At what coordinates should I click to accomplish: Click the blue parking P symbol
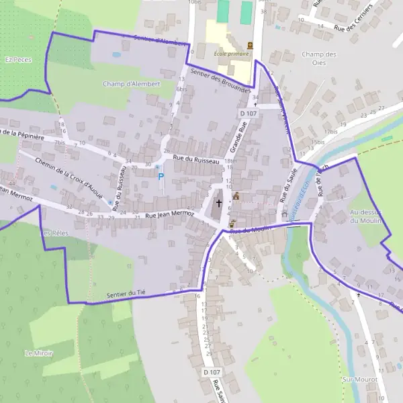pos(160,177)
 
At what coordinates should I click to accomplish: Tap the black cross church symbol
pos(218,202)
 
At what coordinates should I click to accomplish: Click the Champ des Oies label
pos(318,58)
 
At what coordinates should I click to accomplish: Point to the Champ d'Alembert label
pos(132,84)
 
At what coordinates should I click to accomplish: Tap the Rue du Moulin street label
pos(249,230)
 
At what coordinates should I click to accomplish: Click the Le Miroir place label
pos(38,353)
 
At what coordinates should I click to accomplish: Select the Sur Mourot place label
pos(359,379)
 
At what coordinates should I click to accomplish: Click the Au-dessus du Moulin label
pos(365,216)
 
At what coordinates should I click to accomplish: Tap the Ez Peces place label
pos(18,59)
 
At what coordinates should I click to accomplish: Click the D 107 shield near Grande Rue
pos(248,114)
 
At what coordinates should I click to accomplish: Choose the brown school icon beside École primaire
pos(251,45)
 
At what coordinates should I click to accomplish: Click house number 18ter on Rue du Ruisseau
pos(231,161)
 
